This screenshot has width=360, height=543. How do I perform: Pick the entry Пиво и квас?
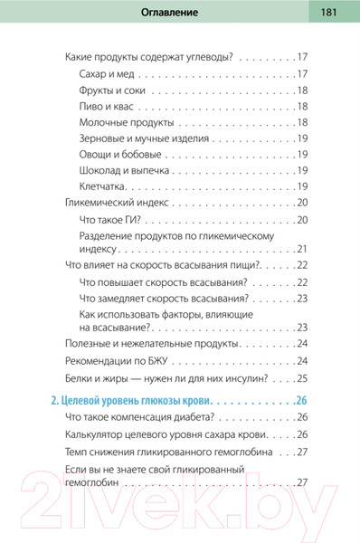[x=109, y=107]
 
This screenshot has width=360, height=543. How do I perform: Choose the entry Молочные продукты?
[x=129, y=123]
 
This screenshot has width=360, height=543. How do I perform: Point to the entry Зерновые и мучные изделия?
[x=145, y=138]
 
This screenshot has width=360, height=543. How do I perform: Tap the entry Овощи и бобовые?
[x=121, y=155]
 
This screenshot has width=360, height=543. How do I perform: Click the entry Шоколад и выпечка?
[x=126, y=171]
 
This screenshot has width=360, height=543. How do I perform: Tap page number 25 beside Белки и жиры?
[x=302, y=377]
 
